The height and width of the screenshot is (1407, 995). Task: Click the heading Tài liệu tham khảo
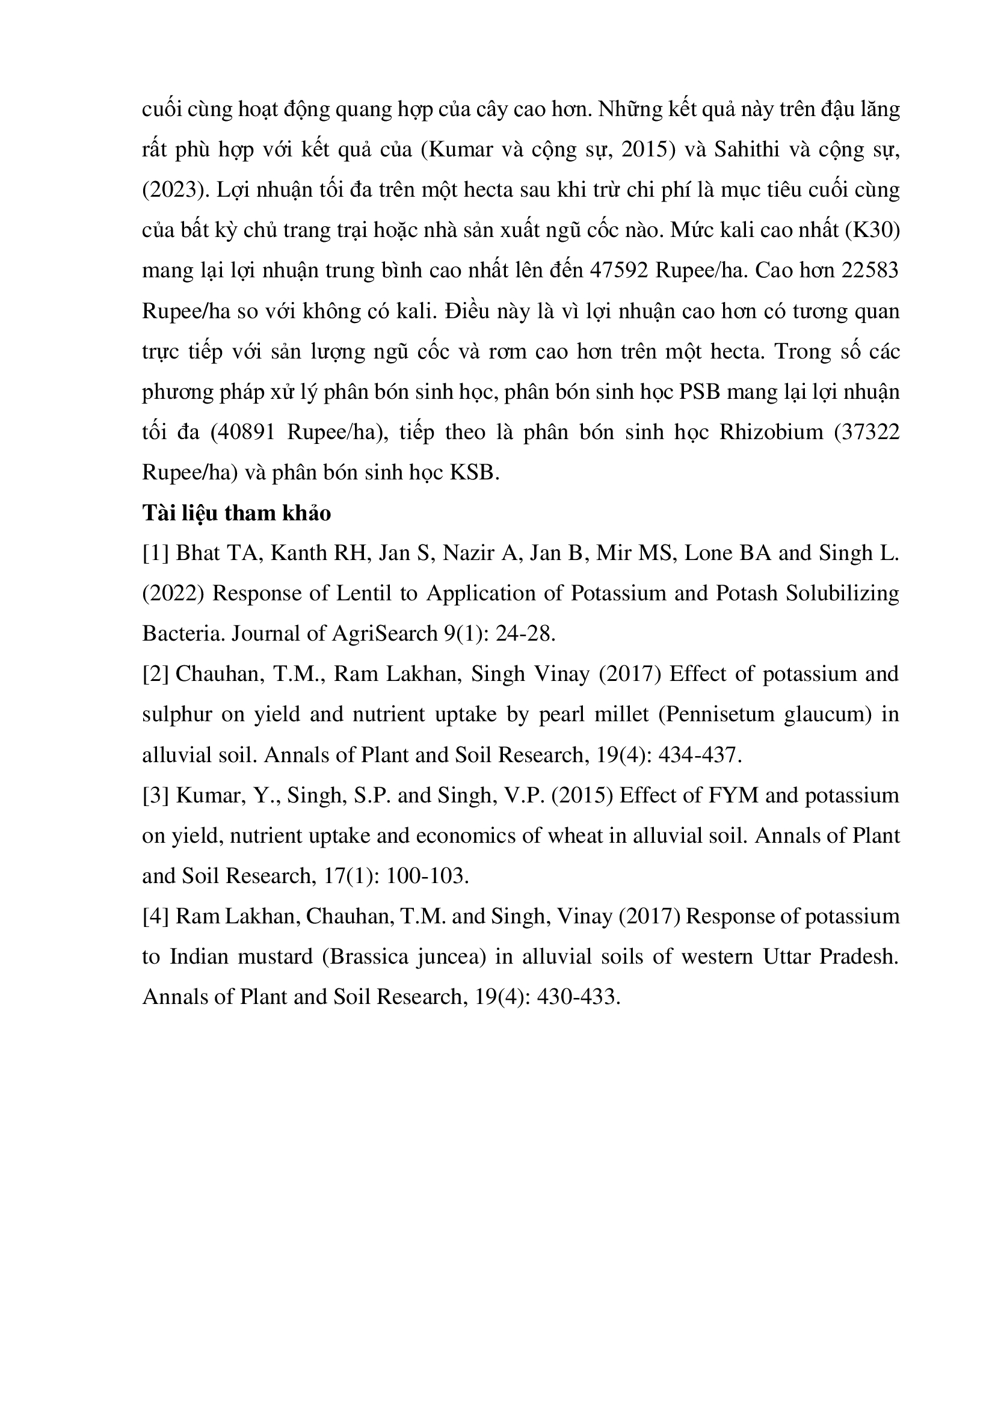(236, 514)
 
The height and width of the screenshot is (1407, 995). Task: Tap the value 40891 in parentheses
(243, 433)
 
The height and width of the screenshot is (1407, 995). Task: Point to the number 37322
(872, 433)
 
